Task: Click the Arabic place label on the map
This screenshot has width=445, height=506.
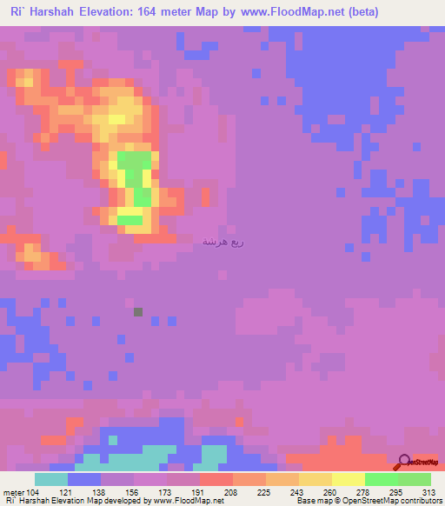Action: click(x=222, y=241)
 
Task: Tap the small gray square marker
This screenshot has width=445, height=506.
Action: click(x=138, y=311)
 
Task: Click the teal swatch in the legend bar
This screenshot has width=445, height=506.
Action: click(x=51, y=480)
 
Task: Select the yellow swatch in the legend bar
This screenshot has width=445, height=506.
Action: click(x=348, y=480)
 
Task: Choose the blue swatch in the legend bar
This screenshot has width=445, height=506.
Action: click(x=84, y=480)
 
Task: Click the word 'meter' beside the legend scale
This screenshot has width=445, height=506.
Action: click(x=12, y=493)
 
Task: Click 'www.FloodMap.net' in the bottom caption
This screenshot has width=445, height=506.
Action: click(x=188, y=501)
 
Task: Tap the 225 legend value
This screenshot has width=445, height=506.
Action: click(x=263, y=493)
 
